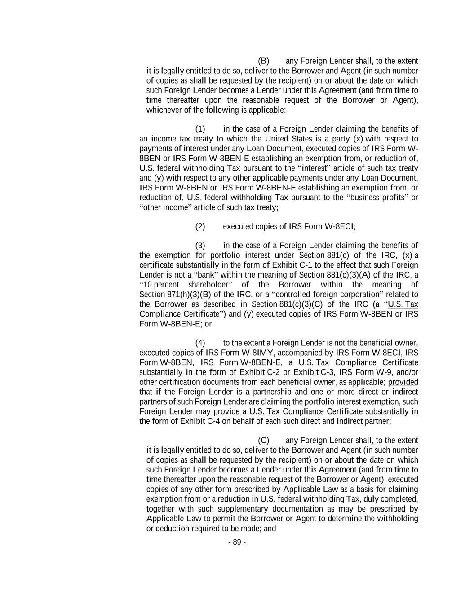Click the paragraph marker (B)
click(x=263, y=61)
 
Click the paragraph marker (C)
click(x=263, y=441)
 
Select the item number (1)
click(x=200, y=129)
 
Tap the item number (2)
click(x=200, y=227)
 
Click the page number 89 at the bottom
click(x=237, y=542)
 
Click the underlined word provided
click(x=403, y=382)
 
